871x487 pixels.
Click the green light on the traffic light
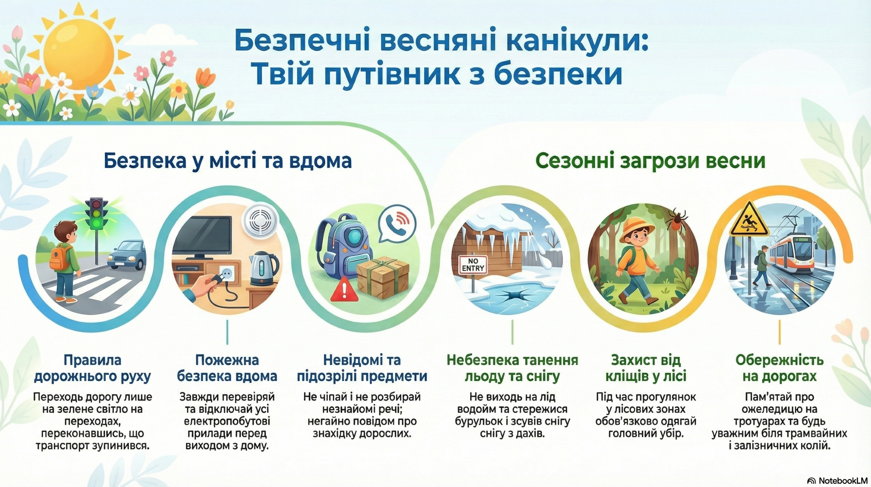click(97, 223)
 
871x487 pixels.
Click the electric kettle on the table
click(263, 269)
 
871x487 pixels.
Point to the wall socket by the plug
click(227, 273)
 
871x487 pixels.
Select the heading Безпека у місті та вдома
click(228, 161)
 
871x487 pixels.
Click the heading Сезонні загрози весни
click(650, 161)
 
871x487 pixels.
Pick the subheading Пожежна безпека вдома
click(227, 368)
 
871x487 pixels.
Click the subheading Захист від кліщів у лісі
click(646, 368)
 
